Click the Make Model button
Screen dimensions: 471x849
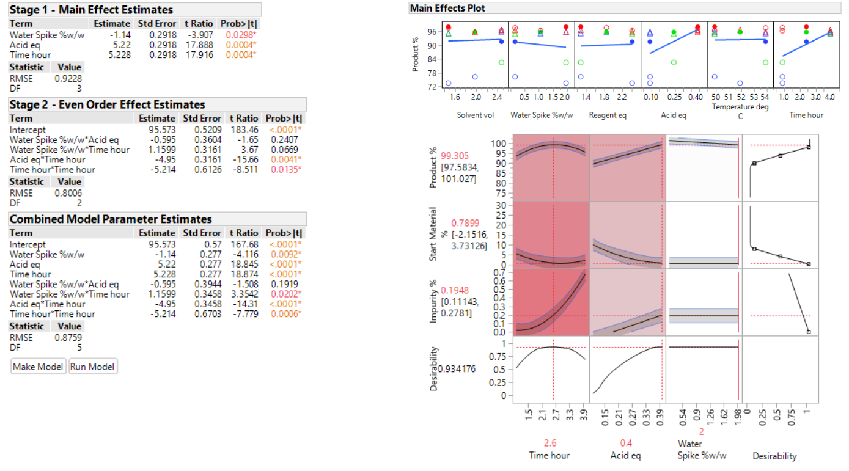[x=39, y=367]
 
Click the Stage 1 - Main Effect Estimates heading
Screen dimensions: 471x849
[x=91, y=10]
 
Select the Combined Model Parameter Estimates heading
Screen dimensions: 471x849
[x=111, y=219]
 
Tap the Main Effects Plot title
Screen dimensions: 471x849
[x=447, y=8]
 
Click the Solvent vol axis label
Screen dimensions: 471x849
[x=476, y=115]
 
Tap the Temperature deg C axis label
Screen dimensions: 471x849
[x=740, y=111]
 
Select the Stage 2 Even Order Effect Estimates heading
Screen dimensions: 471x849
[x=107, y=104]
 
